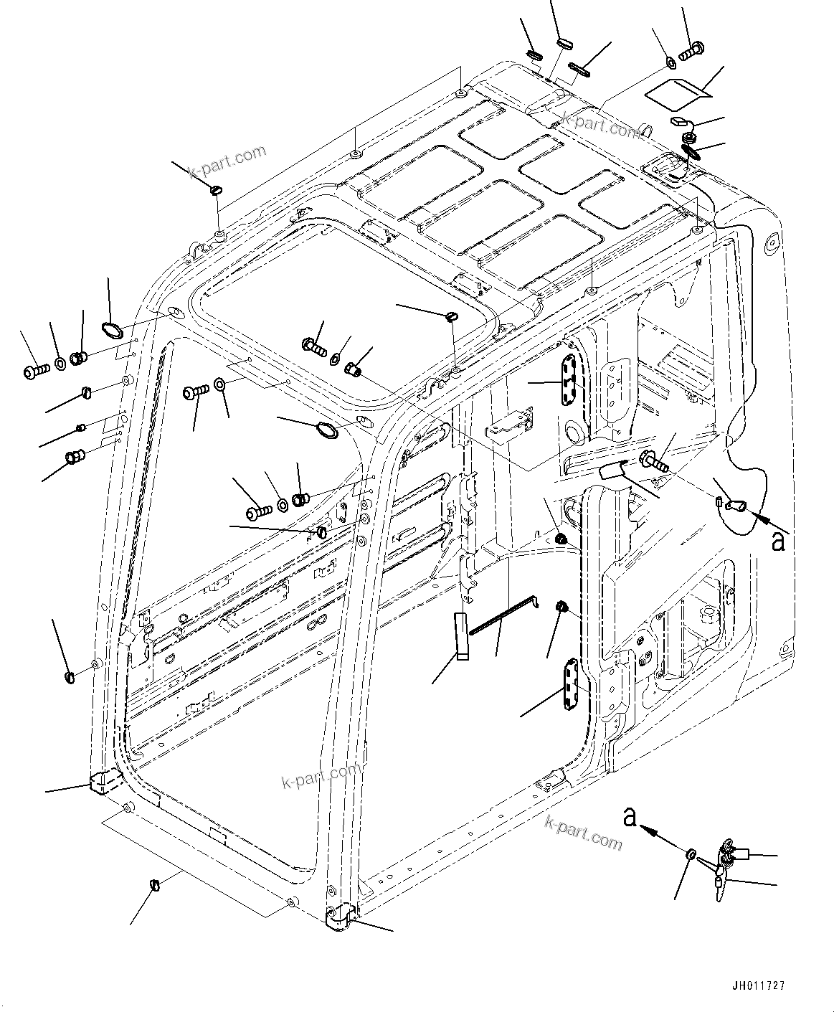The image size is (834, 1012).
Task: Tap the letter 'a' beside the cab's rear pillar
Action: pyautogui.click(x=777, y=541)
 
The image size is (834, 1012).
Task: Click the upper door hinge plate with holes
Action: pyautogui.click(x=569, y=382)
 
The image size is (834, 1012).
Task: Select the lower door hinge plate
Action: pyautogui.click(x=570, y=686)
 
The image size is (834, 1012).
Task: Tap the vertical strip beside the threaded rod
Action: pyautogui.click(x=461, y=635)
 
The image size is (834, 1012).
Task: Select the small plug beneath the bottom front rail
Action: pyautogui.click(x=154, y=884)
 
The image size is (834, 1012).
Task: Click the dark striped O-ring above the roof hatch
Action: pyautogui.click(x=692, y=151)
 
